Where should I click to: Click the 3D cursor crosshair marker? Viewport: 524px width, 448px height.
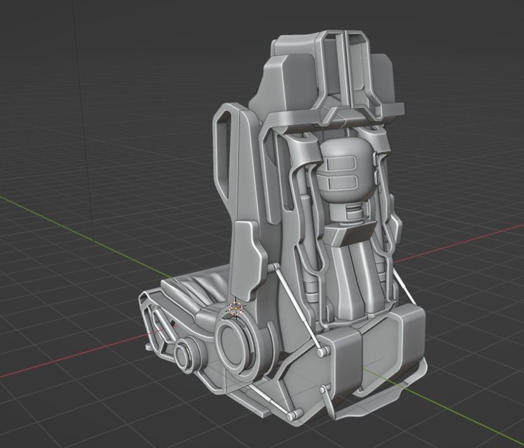[235, 308]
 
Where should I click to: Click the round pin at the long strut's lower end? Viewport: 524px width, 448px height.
[321, 349]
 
